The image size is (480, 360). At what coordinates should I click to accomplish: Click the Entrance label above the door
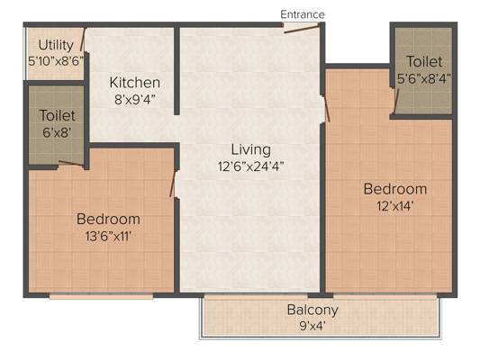point(303,14)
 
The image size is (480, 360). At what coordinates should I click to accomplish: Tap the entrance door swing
point(302,29)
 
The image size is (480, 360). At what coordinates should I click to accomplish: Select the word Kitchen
point(135,83)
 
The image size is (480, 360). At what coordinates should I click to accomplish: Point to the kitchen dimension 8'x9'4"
point(135,99)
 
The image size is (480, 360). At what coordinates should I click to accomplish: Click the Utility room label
point(56,46)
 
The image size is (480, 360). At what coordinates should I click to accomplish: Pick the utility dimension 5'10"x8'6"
point(56,61)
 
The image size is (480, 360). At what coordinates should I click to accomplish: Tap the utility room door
point(83,40)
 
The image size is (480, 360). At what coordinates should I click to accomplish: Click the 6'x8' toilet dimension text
point(57,132)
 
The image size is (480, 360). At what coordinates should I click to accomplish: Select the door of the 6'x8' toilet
point(71,164)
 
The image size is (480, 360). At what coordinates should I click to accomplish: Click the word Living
point(250,149)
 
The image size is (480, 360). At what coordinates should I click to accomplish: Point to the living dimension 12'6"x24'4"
point(250,166)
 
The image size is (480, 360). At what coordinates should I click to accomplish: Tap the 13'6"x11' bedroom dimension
point(108,236)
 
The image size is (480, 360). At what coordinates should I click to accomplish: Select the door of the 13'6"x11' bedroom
point(173,184)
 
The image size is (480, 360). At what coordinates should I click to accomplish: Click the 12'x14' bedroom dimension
point(395,206)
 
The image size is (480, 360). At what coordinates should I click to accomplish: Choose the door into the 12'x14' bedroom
point(326,109)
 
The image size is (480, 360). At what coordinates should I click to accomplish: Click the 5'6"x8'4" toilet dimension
point(424,79)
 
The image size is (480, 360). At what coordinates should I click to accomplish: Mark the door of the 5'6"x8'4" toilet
point(396,101)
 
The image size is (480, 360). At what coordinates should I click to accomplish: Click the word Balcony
point(312,310)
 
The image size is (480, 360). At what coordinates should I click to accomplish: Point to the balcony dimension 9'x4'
point(312,326)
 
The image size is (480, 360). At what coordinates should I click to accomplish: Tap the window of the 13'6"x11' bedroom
point(101,295)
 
